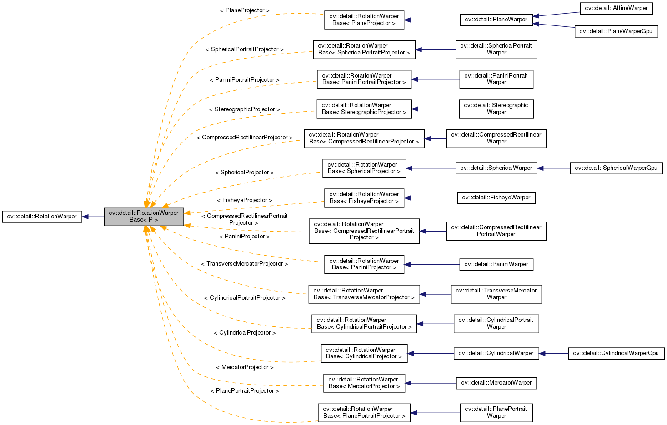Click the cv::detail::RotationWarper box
click(42, 217)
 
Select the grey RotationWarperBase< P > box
click(144, 217)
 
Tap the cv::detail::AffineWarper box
click(616, 8)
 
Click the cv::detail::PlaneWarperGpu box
click(616, 31)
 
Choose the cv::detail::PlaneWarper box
click(496, 20)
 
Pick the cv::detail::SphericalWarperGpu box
click(616, 168)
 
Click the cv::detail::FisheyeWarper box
click(496, 198)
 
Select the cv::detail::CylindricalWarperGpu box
click(616, 353)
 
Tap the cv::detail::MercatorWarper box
click(496, 383)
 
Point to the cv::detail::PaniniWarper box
click(496, 264)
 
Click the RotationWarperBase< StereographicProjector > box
click(364, 109)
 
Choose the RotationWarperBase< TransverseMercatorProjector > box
click(364, 294)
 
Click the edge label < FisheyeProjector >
click(244, 200)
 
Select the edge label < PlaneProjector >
click(244, 10)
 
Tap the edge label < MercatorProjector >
click(244, 367)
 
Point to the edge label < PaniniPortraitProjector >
click(244, 80)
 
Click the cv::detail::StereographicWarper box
click(496, 109)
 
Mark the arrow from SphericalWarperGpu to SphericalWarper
click(553, 168)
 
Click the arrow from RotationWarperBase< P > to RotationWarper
click(93, 217)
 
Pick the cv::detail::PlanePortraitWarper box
click(496, 413)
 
